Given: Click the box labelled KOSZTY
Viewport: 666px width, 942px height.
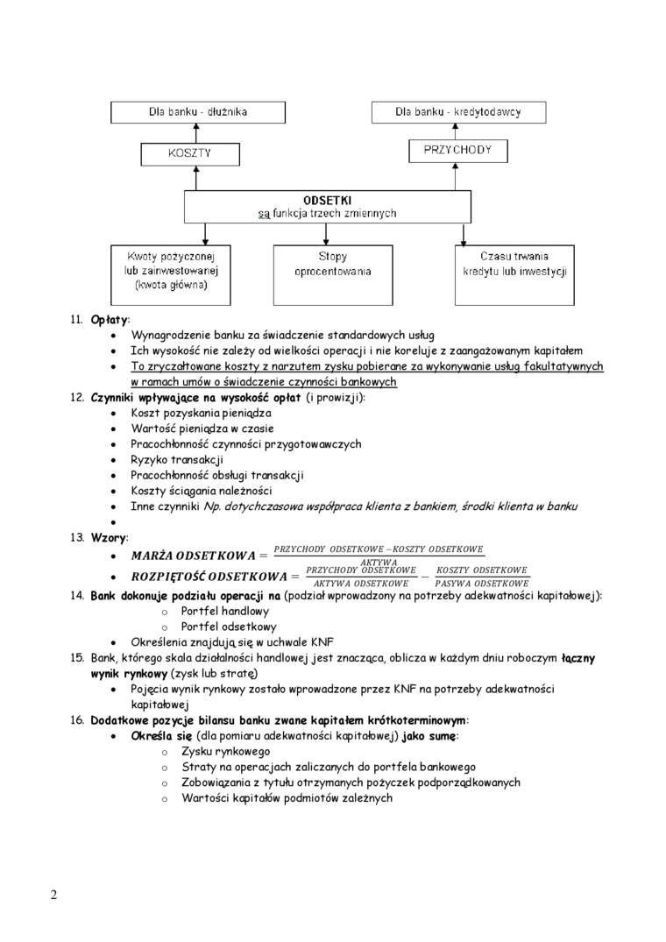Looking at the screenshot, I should tap(189, 153).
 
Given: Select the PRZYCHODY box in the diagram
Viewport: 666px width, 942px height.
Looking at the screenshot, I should tap(457, 151).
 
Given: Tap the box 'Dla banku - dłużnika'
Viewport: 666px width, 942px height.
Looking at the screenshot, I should tap(196, 112).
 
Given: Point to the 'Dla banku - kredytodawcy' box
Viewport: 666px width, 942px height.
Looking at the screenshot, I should tap(458, 112).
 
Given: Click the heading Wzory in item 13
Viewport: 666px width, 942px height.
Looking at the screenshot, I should tap(109, 536).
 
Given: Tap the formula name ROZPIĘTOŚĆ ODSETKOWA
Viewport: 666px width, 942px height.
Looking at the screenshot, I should tap(209, 576).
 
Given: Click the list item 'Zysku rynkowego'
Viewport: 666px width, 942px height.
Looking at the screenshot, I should tap(225, 751).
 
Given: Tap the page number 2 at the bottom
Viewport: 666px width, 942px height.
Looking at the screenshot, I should tap(54, 895).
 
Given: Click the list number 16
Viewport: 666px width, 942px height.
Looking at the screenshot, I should tap(76, 719).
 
